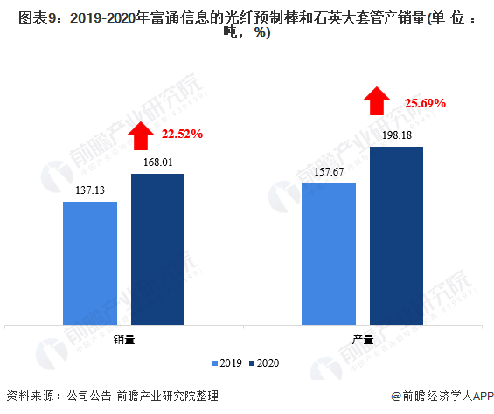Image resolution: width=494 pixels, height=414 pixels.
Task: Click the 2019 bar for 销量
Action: pyautogui.click(x=90, y=263)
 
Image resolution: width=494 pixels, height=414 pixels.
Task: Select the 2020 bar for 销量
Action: pyautogui.click(x=158, y=249)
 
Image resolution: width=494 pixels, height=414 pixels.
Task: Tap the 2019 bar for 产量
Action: pyautogui.click(x=329, y=254)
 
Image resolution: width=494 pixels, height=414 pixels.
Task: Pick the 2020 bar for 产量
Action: pyautogui.click(x=396, y=236)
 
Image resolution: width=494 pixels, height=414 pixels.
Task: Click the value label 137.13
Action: pyautogui.click(x=90, y=190)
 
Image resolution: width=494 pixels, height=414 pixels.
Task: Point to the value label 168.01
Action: pyautogui.click(x=158, y=162)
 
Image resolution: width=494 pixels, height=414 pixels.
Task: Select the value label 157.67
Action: pyautogui.click(x=329, y=172)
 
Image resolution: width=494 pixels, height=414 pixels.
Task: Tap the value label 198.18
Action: pyautogui.click(x=397, y=135)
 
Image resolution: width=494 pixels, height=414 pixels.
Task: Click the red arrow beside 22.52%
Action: pyautogui.click(x=141, y=135)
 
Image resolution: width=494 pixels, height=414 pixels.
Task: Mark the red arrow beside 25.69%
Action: pyautogui.click(x=377, y=100)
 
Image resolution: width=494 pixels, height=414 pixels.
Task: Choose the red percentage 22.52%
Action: pyautogui.click(x=183, y=135)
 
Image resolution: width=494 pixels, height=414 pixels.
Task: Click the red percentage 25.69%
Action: pyautogui.click(x=425, y=103)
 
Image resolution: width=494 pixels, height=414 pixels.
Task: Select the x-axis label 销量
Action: pyautogui.click(x=124, y=340)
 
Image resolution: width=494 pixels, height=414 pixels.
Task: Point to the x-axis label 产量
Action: pyautogui.click(x=363, y=340)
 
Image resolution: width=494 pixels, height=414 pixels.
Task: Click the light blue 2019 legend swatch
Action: pyautogui.click(x=215, y=363)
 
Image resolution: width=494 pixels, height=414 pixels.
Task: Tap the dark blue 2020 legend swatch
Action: pyautogui.click(x=252, y=363)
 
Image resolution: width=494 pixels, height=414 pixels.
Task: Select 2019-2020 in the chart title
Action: pyautogui.click(x=103, y=18)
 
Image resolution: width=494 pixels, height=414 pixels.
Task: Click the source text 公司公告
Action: pyautogui.click(x=89, y=396)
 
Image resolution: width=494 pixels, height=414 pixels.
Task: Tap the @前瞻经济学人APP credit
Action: pyautogui.click(x=442, y=396)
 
